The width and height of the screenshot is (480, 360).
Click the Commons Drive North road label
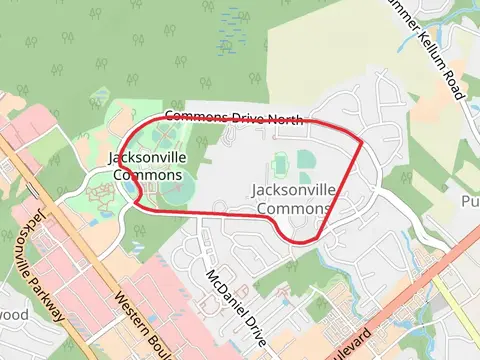tap(233, 119)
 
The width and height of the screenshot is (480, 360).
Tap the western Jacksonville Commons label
tap(148, 166)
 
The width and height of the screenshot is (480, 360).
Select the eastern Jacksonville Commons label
tap(291, 199)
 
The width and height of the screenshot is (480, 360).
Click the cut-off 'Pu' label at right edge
tap(470, 201)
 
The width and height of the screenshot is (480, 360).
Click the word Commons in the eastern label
tap(293, 208)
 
